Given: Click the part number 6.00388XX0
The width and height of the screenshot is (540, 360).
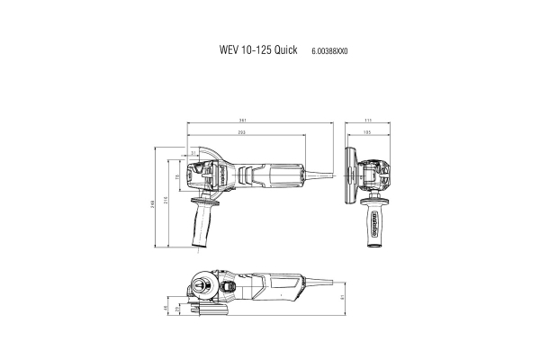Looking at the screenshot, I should (331, 51).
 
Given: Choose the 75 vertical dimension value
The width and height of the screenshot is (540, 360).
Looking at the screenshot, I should (176, 177).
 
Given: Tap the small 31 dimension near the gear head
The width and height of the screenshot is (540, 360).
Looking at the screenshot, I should (193, 153).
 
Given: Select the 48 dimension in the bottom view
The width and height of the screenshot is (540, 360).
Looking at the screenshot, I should (166, 309).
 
